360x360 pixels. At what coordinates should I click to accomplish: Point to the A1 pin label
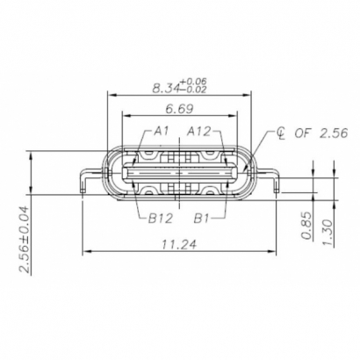coord(161,131)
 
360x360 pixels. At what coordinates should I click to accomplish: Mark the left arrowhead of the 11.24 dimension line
coord(85,253)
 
